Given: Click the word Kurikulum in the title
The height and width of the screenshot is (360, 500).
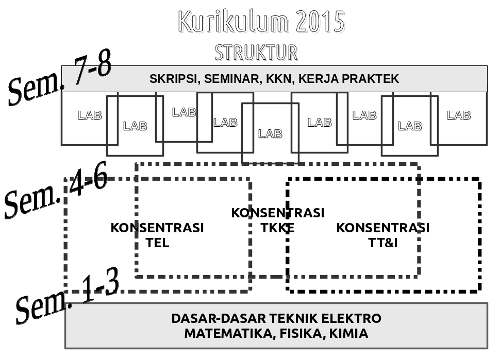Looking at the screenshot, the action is click(234, 21).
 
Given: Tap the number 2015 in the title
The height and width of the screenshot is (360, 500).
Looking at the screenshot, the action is click(320, 21).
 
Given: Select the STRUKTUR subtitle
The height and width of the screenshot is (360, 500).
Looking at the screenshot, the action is click(256, 53).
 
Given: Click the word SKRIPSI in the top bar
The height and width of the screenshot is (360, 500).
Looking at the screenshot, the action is click(173, 79).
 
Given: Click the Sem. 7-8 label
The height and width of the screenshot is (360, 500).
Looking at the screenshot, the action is click(60, 77).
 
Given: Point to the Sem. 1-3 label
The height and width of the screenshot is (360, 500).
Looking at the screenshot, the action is click(68, 295).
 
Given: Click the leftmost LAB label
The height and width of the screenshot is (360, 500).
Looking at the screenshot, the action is click(90, 115).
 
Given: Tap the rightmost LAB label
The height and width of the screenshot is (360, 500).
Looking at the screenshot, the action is click(459, 115).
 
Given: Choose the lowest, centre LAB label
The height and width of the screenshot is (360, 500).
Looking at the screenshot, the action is click(271, 134).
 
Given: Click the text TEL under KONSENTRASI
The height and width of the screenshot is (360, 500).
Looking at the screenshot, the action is click(158, 243).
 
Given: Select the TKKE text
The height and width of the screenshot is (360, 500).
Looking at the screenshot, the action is click(277, 228).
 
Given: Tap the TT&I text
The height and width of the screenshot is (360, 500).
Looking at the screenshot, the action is click(383, 243).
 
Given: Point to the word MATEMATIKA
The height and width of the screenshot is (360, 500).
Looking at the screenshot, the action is click(230, 334).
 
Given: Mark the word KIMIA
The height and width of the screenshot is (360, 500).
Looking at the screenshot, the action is click(349, 334).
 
